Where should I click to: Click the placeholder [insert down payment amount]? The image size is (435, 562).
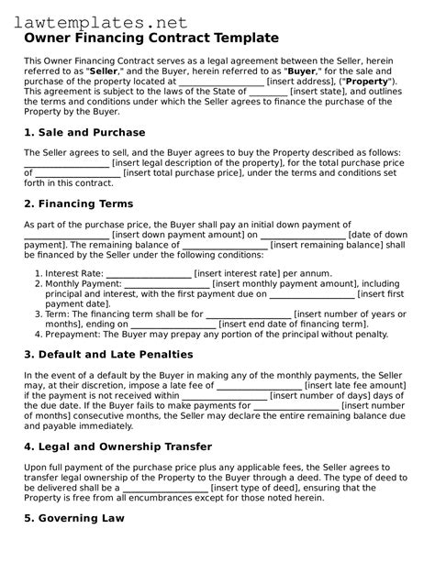[184, 235]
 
